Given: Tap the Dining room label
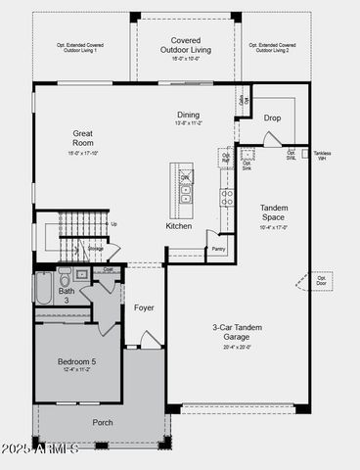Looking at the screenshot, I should pyautogui.click(x=188, y=115).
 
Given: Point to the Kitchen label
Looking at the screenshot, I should pyautogui.click(x=179, y=226).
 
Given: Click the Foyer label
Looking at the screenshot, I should pyautogui.click(x=144, y=307).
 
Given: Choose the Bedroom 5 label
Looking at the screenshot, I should pyautogui.click(x=77, y=362).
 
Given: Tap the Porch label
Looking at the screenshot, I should pyautogui.click(x=103, y=422).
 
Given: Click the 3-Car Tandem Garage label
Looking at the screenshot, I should pyautogui.click(x=237, y=332).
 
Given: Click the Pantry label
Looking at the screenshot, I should pyautogui.click(x=218, y=249).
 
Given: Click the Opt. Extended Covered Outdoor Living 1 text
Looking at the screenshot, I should pyautogui.click(x=82, y=48).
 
